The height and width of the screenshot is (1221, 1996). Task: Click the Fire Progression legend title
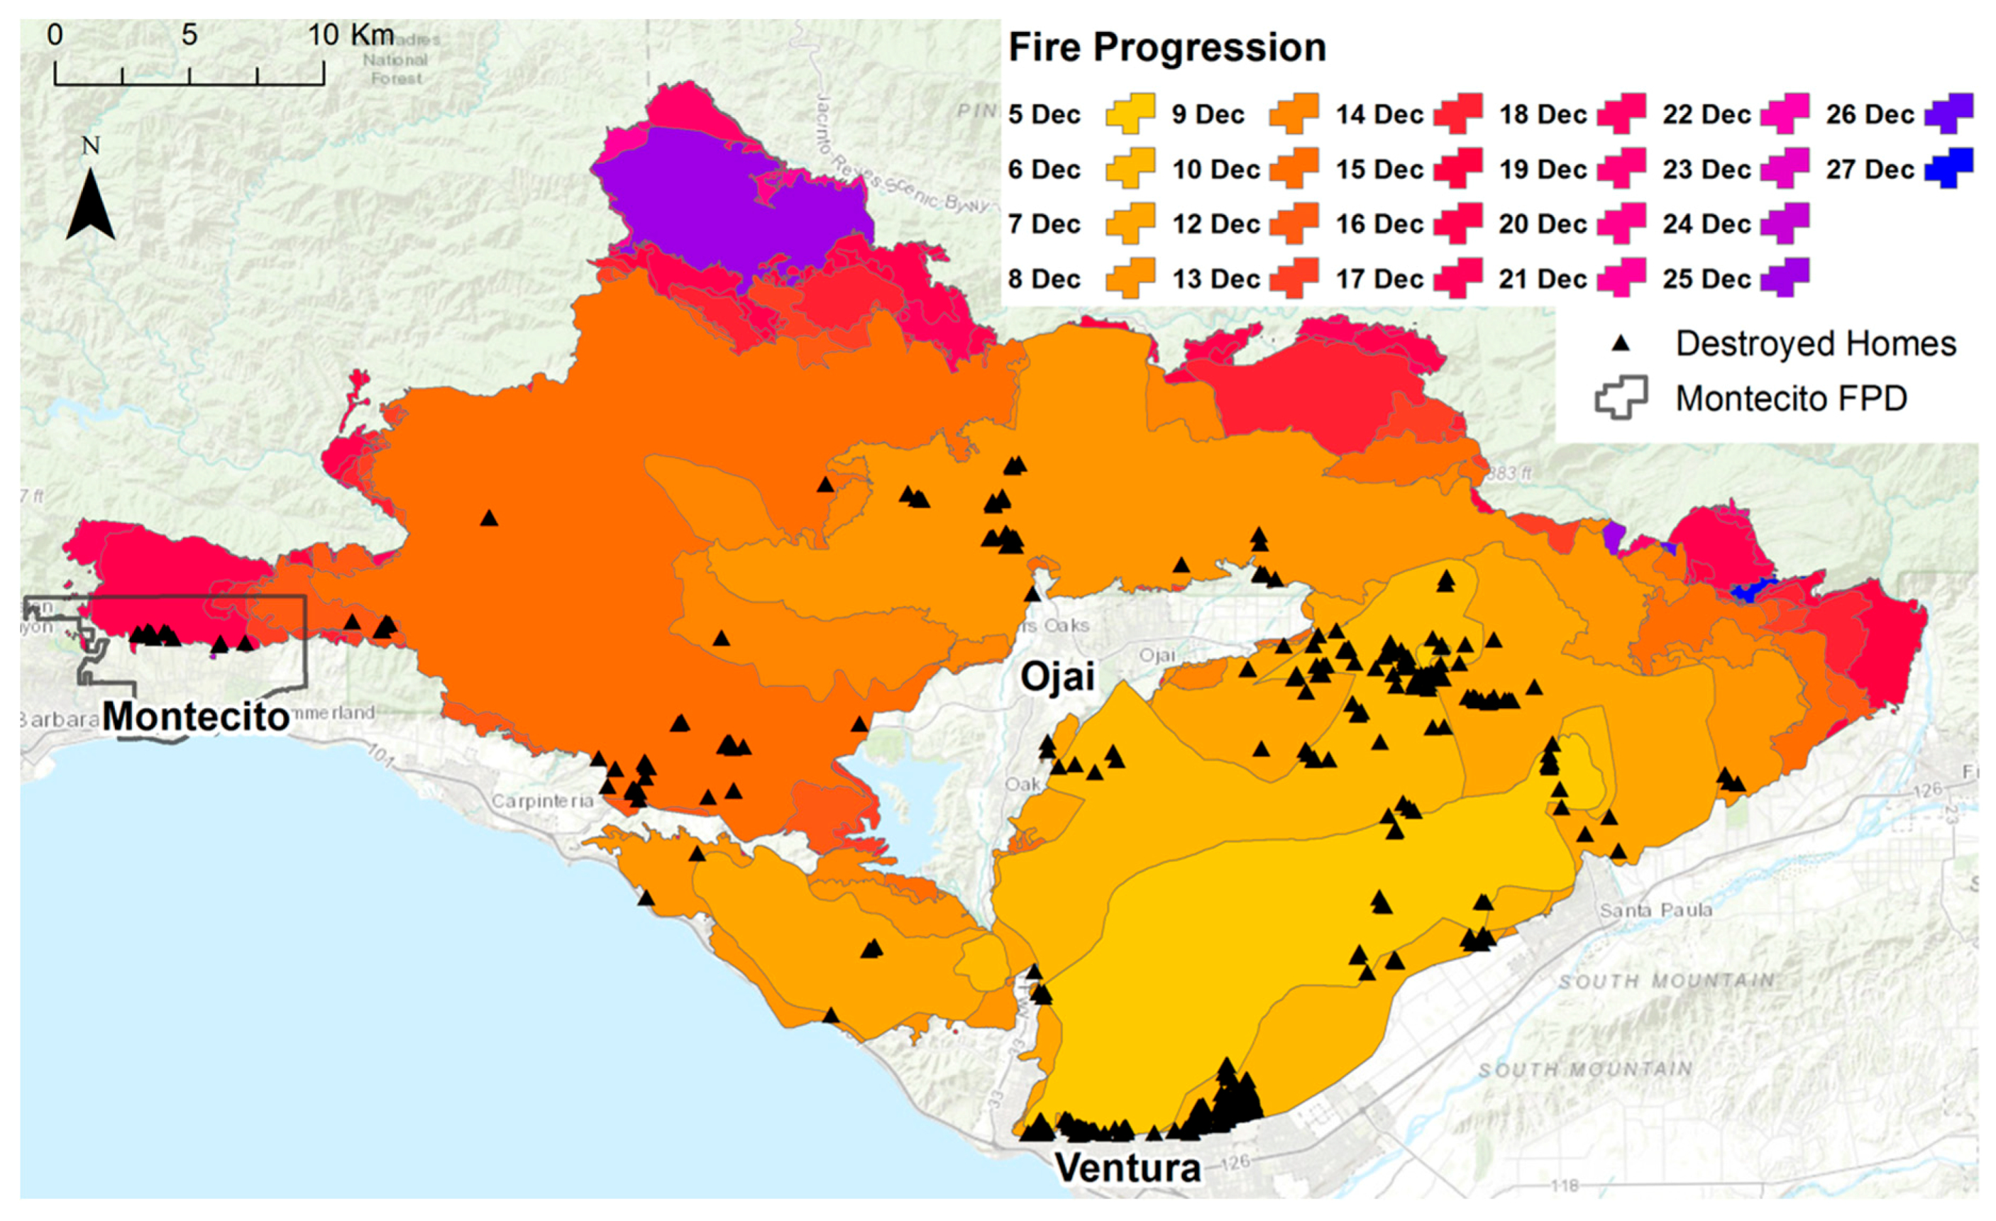point(1167,47)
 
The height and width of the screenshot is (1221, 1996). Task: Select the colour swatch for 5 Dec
point(1130,114)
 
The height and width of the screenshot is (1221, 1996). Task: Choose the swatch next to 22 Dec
point(1785,114)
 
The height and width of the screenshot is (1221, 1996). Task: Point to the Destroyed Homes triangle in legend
point(1620,343)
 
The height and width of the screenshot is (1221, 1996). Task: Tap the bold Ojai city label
point(1057,677)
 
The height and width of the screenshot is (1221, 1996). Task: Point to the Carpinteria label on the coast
point(542,800)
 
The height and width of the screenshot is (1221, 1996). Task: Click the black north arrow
point(90,203)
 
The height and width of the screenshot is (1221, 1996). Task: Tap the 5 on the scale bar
point(189,35)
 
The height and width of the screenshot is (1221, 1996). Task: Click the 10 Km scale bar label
point(350,35)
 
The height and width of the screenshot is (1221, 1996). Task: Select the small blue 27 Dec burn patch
point(1752,589)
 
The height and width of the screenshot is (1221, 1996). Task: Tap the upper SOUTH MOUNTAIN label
point(1665,981)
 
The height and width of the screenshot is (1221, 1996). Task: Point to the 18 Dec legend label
point(1543,114)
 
